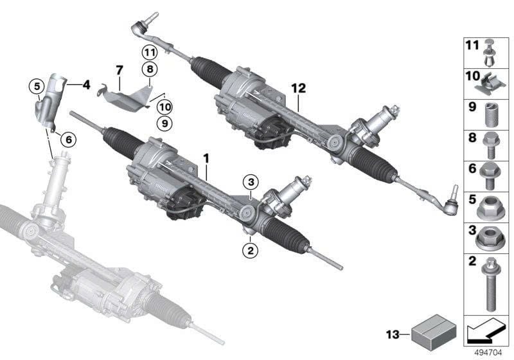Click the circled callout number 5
point(37,85)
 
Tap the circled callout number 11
point(150,52)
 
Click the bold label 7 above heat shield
point(119,68)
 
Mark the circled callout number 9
point(147,122)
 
